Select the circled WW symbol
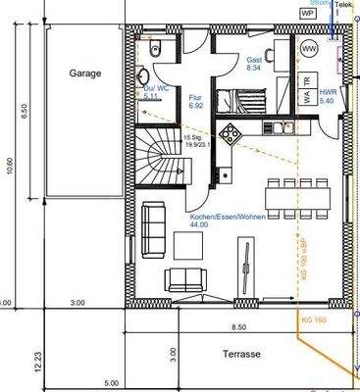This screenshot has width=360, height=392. tap(309, 48)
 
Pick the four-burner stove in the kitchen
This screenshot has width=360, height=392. tap(231, 132)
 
